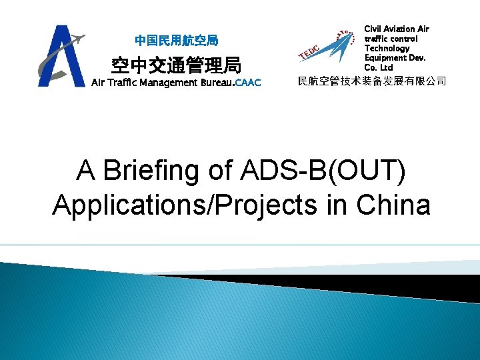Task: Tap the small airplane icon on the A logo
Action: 77,39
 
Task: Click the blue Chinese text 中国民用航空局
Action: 176,41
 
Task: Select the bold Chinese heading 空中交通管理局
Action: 176,65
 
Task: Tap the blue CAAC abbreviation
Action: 247,83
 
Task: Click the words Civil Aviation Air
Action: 397,29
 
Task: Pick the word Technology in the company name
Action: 387,49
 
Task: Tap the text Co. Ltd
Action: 379,68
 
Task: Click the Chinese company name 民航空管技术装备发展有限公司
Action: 371,82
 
